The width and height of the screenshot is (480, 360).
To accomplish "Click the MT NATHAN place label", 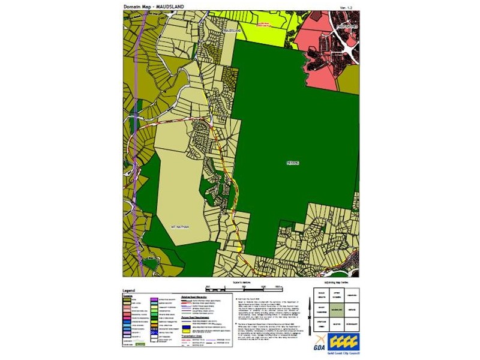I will pos(179,227).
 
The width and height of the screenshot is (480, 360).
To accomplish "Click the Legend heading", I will pos(130,289).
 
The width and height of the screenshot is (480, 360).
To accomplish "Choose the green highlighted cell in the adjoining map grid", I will pos(336,311).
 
